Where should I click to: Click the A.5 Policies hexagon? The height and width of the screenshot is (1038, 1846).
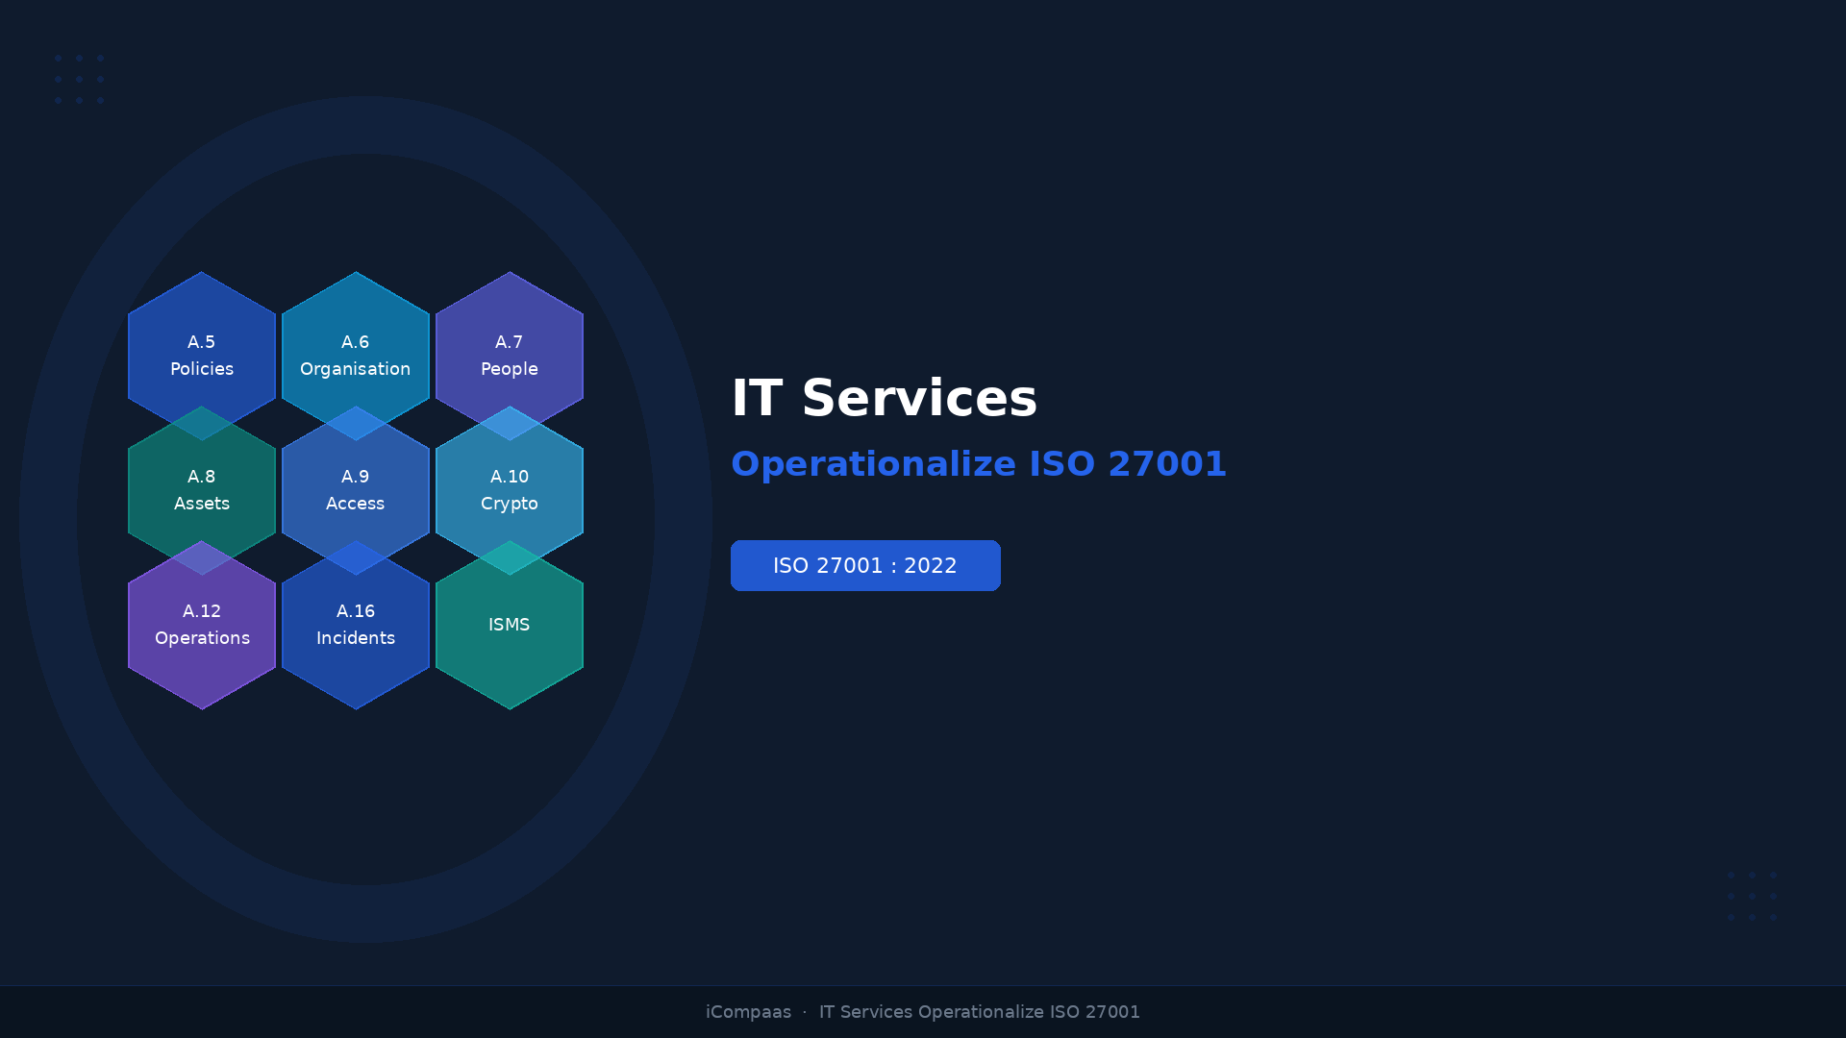click(202, 356)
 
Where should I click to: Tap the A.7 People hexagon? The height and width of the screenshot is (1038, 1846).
click(510, 356)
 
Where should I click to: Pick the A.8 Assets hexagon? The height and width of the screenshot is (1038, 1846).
click(202, 490)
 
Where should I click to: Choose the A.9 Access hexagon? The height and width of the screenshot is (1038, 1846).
click(356, 490)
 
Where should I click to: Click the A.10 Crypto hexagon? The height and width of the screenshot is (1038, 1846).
click(510, 490)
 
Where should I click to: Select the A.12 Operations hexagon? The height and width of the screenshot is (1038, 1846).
click(202, 625)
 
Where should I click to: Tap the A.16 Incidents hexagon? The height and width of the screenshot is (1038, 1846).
click(356, 625)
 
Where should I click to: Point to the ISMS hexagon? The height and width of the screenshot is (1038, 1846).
click(510, 625)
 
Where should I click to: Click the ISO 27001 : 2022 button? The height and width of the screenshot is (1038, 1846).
click(865, 565)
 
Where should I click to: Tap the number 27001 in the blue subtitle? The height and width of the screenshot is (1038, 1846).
click(1166, 464)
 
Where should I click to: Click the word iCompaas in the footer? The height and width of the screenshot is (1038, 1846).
click(748, 1012)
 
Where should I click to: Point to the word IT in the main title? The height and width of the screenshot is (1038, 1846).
click(756, 399)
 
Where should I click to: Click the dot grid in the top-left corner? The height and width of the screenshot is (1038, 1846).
click(79, 79)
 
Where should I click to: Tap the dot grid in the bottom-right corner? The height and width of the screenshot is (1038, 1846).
click(1752, 896)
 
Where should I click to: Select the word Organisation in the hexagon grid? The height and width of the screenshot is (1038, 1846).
click(355, 369)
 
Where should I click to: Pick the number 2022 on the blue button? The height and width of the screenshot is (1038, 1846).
click(930, 566)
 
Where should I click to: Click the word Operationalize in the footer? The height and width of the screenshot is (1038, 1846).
click(980, 1012)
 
